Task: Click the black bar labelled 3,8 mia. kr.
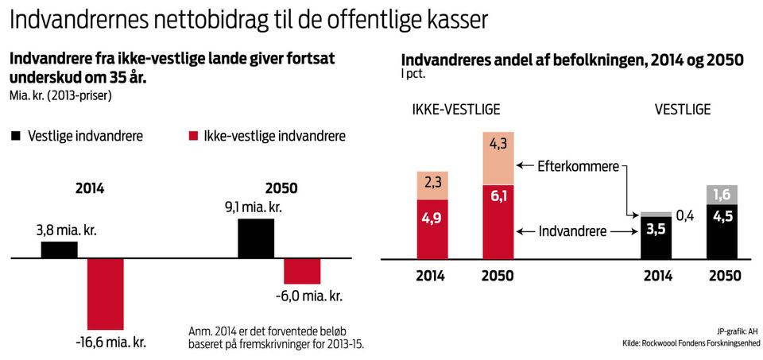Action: (60, 250)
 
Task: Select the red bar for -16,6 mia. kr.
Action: (106, 294)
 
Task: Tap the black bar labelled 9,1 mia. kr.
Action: (256, 238)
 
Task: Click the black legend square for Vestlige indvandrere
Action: (14, 136)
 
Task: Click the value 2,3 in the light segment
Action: (434, 184)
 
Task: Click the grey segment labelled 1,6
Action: (722, 195)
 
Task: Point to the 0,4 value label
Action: (686, 215)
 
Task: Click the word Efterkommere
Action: (579, 166)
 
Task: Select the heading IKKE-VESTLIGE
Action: (455, 109)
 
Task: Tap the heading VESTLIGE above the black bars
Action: (682, 109)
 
